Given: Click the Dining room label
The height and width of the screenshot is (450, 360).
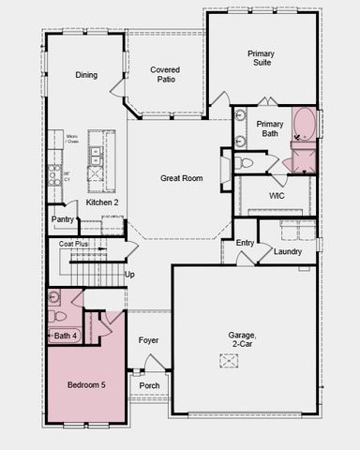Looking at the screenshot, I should point(86,75).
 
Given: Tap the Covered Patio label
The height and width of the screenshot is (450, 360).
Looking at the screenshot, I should point(166,75).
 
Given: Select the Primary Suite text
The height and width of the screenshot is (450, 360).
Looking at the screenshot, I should point(262,59).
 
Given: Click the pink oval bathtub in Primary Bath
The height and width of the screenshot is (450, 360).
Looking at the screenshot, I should point(305,125).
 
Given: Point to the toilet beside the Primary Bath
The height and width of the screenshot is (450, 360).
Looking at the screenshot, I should point(245,163).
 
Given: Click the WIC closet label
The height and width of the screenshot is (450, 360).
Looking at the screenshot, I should point(277,196).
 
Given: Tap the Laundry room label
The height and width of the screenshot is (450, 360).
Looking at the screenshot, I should point(287,251).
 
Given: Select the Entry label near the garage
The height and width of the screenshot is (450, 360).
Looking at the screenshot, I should point(245,243).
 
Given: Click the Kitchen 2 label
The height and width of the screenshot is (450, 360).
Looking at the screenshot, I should point(101,202).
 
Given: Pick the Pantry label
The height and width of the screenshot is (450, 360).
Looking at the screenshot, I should point(63,219).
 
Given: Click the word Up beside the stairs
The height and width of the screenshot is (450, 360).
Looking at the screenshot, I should point(129,275).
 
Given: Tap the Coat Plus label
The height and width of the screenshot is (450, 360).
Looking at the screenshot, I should point(73,244).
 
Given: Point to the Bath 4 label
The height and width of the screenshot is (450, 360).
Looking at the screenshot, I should point(66,335).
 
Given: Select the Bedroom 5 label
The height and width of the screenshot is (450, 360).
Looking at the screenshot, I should point(86,384).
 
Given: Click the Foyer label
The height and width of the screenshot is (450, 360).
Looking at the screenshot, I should point(148,340).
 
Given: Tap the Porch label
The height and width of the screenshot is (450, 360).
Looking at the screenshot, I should point(149,385).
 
